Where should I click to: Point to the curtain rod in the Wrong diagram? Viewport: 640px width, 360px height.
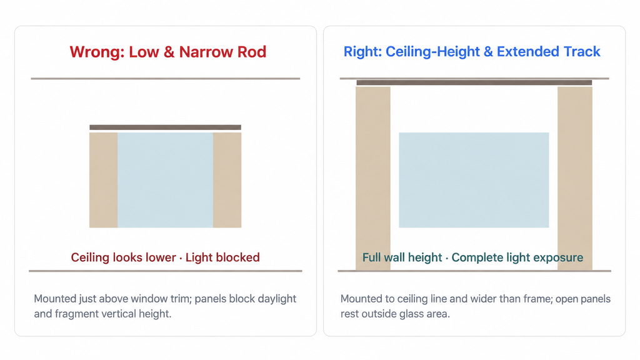pos(165,127)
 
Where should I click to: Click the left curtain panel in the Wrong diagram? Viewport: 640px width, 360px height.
pos(104,180)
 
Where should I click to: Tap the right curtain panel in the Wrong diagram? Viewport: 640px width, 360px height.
pos(227,180)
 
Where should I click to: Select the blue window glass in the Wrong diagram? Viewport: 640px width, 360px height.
pos(165,180)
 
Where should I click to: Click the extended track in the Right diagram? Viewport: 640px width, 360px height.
pos(474,82)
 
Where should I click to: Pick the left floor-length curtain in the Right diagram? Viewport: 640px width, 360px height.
pos(373,178)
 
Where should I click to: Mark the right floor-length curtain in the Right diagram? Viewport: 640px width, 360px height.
pos(575,178)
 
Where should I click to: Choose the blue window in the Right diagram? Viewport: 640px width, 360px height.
pos(474,180)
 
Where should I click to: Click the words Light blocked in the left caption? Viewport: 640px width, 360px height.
pos(222,257)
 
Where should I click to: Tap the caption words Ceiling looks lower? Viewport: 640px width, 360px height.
pos(123,257)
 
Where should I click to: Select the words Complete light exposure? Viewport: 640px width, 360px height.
pos(517,257)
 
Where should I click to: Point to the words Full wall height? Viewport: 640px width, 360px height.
pos(402,257)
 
